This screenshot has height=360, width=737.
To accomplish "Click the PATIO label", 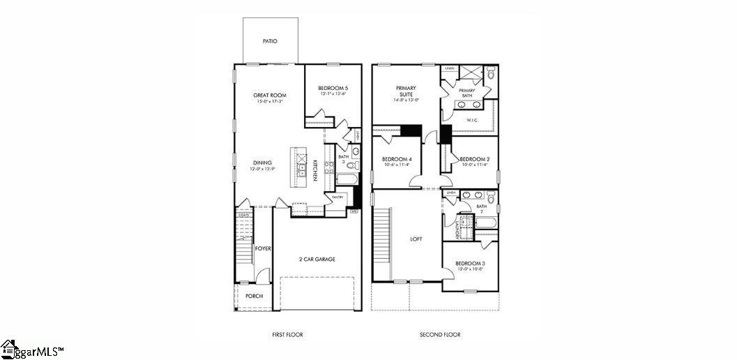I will (x=270, y=41).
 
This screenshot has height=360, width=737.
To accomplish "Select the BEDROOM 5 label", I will (x=333, y=88).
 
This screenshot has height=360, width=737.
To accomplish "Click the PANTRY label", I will (x=337, y=197).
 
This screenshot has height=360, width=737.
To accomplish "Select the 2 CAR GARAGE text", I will (x=317, y=259).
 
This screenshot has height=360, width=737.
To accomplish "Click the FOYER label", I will (x=262, y=248).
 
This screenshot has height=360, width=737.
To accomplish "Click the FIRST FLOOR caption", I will (x=287, y=335).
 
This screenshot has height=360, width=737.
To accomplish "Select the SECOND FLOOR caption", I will (x=439, y=335).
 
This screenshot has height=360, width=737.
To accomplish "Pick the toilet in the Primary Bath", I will (x=490, y=73).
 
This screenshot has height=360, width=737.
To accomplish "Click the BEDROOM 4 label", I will (x=397, y=159).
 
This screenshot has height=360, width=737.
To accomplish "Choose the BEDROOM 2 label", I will (x=474, y=159).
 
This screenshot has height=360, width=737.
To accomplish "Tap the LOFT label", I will (x=416, y=239).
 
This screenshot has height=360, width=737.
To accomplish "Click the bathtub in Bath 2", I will (x=484, y=223).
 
